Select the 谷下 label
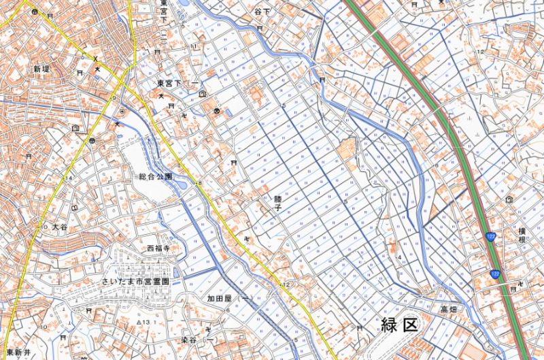[262, 12]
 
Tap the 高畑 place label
[448, 310]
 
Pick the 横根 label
[522, 235]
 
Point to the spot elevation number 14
[68, 178]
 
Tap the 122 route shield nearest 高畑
[494, 274]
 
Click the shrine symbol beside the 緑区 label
[359, 327]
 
